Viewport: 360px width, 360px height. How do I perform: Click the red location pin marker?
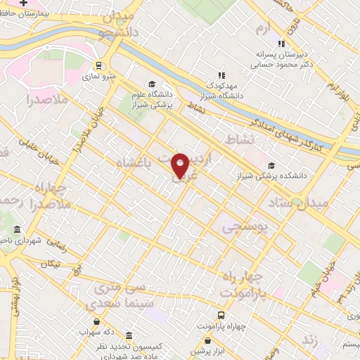click(181, 165)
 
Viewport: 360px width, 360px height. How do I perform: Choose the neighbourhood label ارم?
click(262, 29)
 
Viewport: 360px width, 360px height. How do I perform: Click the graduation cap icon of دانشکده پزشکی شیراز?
click(271, 166)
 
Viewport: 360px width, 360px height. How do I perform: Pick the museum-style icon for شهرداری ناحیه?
click(18, 230)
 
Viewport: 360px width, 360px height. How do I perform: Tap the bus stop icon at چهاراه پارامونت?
click(221, 316)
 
